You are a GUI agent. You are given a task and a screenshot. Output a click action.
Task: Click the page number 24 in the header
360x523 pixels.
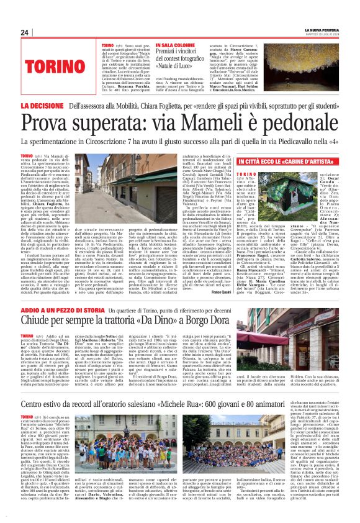tap(24, 32)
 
